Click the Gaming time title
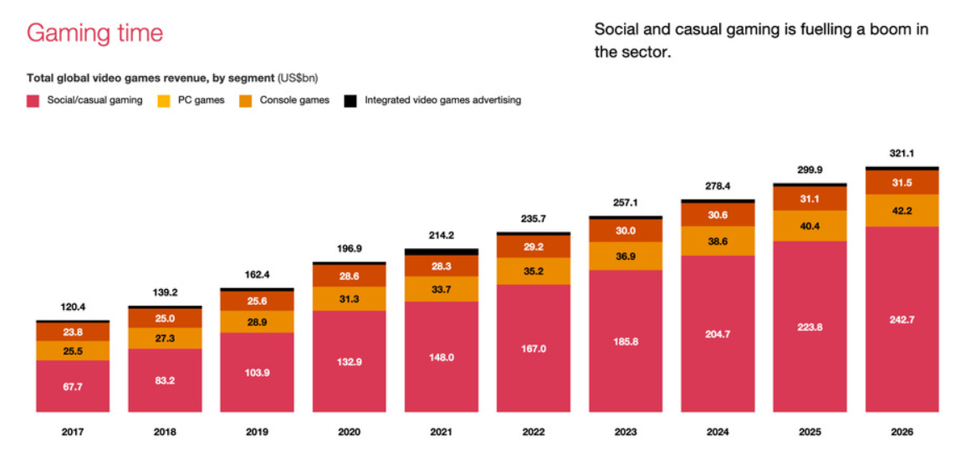pos(95,33)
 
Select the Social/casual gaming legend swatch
pos(33,101)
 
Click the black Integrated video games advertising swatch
pos(350,101)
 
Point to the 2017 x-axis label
pos(73,432)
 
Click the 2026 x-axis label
pos(902,432)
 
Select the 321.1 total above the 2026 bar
pos(902,154)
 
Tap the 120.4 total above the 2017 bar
pos(73,307)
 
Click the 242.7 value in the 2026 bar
pos(902,319)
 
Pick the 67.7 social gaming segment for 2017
pos(73,386)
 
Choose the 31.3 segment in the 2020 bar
pos(349,299)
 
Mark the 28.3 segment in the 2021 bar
pos(441,266)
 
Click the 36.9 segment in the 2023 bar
pos(626,256)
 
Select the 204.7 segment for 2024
pos(718,333)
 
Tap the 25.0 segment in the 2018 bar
pos(165,318)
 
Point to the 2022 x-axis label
pos(533,432)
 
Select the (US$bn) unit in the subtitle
pos(297,78)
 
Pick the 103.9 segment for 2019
pos(257,372)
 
